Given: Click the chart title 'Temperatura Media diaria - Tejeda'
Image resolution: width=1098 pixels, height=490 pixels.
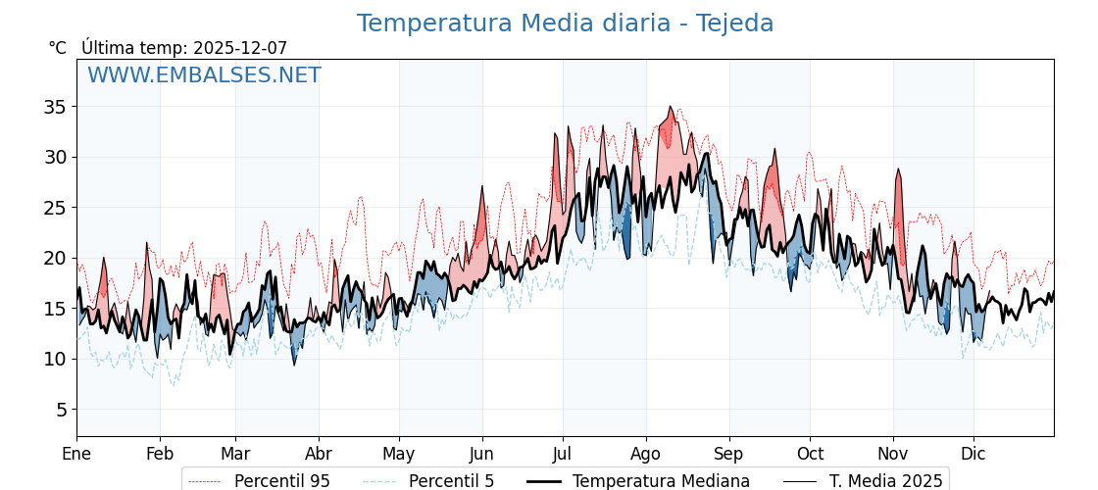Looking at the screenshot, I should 565,24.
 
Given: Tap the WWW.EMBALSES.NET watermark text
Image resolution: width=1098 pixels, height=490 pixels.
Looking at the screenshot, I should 204,75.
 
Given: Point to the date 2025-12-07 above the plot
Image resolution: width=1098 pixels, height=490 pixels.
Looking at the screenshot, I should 240,48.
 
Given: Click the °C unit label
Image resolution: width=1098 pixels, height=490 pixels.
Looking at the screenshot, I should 58,48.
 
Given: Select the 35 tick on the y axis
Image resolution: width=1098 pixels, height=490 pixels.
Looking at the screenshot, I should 55,106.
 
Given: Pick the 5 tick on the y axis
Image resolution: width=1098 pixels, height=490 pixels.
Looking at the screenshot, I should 61,410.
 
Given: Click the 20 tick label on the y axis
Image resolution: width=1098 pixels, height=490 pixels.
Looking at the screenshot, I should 55,258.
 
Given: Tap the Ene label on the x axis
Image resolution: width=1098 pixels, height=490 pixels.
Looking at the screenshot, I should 76,454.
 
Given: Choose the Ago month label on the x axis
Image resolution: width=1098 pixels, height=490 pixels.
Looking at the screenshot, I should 646,454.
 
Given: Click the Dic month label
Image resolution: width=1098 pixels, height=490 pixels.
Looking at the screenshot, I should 973,454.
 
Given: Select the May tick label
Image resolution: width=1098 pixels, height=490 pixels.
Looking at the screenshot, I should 399,454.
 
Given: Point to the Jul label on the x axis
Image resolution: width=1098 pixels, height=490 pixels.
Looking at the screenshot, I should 563,454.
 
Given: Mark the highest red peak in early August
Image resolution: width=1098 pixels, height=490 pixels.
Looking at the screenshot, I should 671,107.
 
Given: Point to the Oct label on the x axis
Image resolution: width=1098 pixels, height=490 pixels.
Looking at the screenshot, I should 810,454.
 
